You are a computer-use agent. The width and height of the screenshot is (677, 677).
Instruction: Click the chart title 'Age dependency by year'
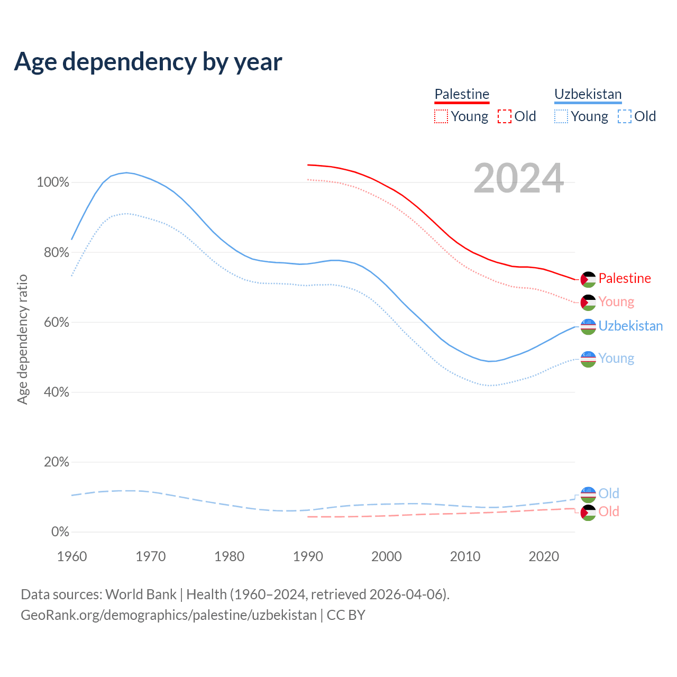click(x=148, y=62)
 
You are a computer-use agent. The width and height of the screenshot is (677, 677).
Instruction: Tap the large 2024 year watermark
click(x=518, y=178)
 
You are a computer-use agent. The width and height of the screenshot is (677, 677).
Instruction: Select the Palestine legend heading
click(x=462, y=94)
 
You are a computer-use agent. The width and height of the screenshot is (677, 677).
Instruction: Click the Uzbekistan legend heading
click(x=588, y=94)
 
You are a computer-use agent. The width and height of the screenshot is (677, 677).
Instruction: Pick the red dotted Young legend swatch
click(x=441, y=116)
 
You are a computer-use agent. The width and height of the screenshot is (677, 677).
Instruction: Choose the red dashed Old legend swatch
click(x=505, y=116)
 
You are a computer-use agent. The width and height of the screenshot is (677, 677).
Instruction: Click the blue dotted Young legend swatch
click(x=561, y=116)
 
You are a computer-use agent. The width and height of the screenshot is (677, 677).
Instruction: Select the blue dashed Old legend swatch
click(x=625, y=116)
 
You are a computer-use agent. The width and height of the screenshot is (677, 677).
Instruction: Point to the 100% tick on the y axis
click(x=53, y=182)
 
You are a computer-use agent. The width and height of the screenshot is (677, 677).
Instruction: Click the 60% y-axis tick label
click(x=57, y=322)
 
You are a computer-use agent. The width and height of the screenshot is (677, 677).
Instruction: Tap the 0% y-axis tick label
click(x=60, y=532)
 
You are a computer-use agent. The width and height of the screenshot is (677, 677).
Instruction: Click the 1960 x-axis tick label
click(x=72, y=556)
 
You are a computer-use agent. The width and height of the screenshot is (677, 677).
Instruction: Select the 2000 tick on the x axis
click(x=387, y=556)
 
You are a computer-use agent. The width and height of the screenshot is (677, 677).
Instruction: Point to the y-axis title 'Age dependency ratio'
click(x=22, y=339)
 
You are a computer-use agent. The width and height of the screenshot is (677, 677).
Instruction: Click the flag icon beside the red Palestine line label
click(x=588, y=279)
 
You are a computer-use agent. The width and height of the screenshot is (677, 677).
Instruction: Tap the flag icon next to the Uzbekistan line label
click(x=588, y=327)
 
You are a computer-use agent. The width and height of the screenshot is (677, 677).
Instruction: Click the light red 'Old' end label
click(x=609, y=511)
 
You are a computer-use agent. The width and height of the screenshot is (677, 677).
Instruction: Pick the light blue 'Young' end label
click(x=616, y=359)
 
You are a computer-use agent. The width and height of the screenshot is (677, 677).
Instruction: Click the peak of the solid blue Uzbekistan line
click(x=126, y=172)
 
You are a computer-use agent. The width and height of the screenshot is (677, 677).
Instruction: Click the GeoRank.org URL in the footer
click(x=169, y=615)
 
